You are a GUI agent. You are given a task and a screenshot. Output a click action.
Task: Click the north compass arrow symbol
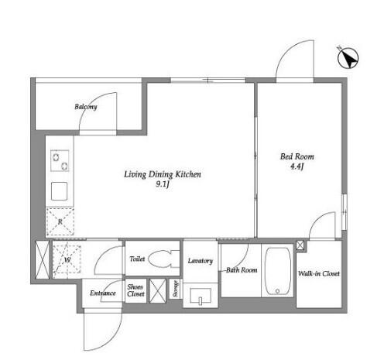click(x=348, y=59)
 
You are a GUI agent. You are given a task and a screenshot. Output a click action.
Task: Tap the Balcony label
click(x=86, y=107)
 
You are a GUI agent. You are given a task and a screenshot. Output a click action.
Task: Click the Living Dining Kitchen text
click(x=163, y=174)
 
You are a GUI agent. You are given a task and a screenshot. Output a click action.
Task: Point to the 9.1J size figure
click(x=162, y=184)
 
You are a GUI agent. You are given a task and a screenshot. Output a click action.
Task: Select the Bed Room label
click(x=297, y=156)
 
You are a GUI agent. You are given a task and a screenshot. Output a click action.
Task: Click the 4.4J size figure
click(x=297, y=166)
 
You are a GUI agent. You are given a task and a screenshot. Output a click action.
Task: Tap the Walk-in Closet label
click(x=319, y=273)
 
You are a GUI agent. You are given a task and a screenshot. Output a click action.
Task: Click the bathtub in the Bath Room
click(x=278, y=271)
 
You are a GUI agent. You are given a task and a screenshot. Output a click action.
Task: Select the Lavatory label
click(x=201, y=261)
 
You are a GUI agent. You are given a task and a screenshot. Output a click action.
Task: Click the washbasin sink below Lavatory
click(x=201, y=296)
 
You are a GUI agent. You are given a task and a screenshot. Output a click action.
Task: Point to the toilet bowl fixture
click(x=163, y=259)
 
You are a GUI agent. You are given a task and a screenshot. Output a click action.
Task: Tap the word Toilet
click(x=137, y=259)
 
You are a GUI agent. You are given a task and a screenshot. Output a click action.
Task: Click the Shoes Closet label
click(x=135, y=290)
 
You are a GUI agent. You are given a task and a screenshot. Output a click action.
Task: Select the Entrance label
click(x=103, y=293)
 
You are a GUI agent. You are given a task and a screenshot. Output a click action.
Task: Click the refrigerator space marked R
click(x=60, y=221)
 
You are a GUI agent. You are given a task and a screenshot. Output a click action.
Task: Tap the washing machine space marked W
click(x=67, y=259)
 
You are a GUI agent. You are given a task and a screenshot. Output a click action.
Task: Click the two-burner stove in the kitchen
click(x=60, y=160)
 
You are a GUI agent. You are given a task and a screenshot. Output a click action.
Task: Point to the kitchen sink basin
click(x=60, y=191)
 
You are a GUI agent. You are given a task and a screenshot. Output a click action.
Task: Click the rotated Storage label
click(x=176, y=289)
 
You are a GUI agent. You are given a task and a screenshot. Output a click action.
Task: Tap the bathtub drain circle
click(x=277, y=291)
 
